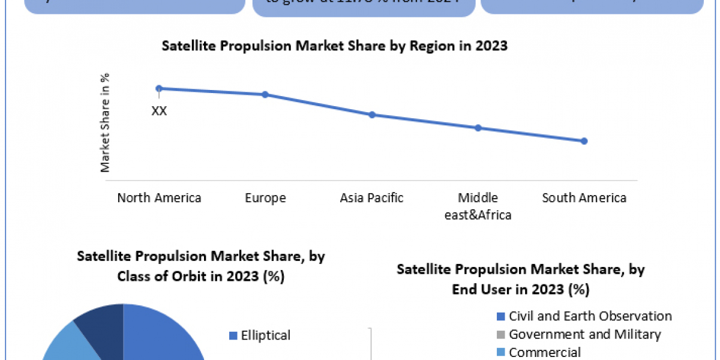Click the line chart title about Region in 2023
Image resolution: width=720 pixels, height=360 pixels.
click(334, 46)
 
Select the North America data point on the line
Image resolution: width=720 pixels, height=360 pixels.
click(159, 88)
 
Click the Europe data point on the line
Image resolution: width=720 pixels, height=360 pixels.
click(265, 94)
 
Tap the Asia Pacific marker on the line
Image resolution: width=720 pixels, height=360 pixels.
click(372, 115)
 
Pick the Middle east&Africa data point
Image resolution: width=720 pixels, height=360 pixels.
click(478, 128)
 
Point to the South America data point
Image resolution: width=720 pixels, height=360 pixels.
click(584, 141)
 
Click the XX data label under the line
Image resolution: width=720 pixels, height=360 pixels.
click(159, 111)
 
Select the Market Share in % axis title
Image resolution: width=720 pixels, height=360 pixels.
click(106, 123)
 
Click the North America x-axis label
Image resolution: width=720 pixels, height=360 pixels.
click(159, 198)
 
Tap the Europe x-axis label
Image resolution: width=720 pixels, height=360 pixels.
click(265, 198)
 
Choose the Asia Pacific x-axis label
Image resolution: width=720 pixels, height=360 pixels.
click(372, 198)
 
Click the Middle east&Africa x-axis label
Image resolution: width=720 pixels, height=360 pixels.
click(478, 206)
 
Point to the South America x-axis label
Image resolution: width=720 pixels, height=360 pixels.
click(584, 198)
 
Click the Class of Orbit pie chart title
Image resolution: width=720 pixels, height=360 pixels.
click(200, 266)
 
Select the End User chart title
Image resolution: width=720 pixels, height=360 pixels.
click(520, 279)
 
